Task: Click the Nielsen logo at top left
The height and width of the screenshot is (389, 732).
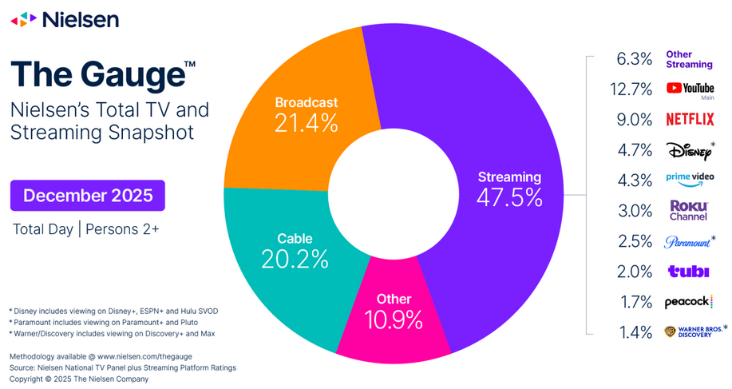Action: pyautogui.click(x=65, y=19)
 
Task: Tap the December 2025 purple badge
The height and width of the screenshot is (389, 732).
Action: pyautogui.click(x=87, y=196)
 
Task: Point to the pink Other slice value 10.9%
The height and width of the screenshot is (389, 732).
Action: pyautogui.click(x=394, y=319)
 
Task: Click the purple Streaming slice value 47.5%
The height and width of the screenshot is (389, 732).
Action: pyautogui.click(x=508, y=197)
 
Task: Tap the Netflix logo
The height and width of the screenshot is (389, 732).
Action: pyautogui.click(x=690, y=120)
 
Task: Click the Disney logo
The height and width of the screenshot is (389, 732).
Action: pyautogui.click(x=688, y=150)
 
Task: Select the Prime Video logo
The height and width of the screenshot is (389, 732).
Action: pyautogui.click(x=690, y=180)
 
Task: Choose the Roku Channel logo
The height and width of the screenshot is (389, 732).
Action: pyautogui.click(x=688, y=210)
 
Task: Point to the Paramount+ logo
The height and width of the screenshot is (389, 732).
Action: pyautogui.click(x=688, y=241)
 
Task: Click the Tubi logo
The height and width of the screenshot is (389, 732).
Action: pyautogui.click(x=688, y=272)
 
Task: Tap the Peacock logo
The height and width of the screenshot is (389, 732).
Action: pyautogui.click(x=688, y=302)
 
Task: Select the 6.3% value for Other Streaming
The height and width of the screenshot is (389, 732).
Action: pyautogui.click(x=636, y=59)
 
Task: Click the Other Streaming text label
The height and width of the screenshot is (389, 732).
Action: pyautogui.click(x=689, y=59)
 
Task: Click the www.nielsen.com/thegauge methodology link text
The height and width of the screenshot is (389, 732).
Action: pyautogui.click(x=144, y=355)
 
